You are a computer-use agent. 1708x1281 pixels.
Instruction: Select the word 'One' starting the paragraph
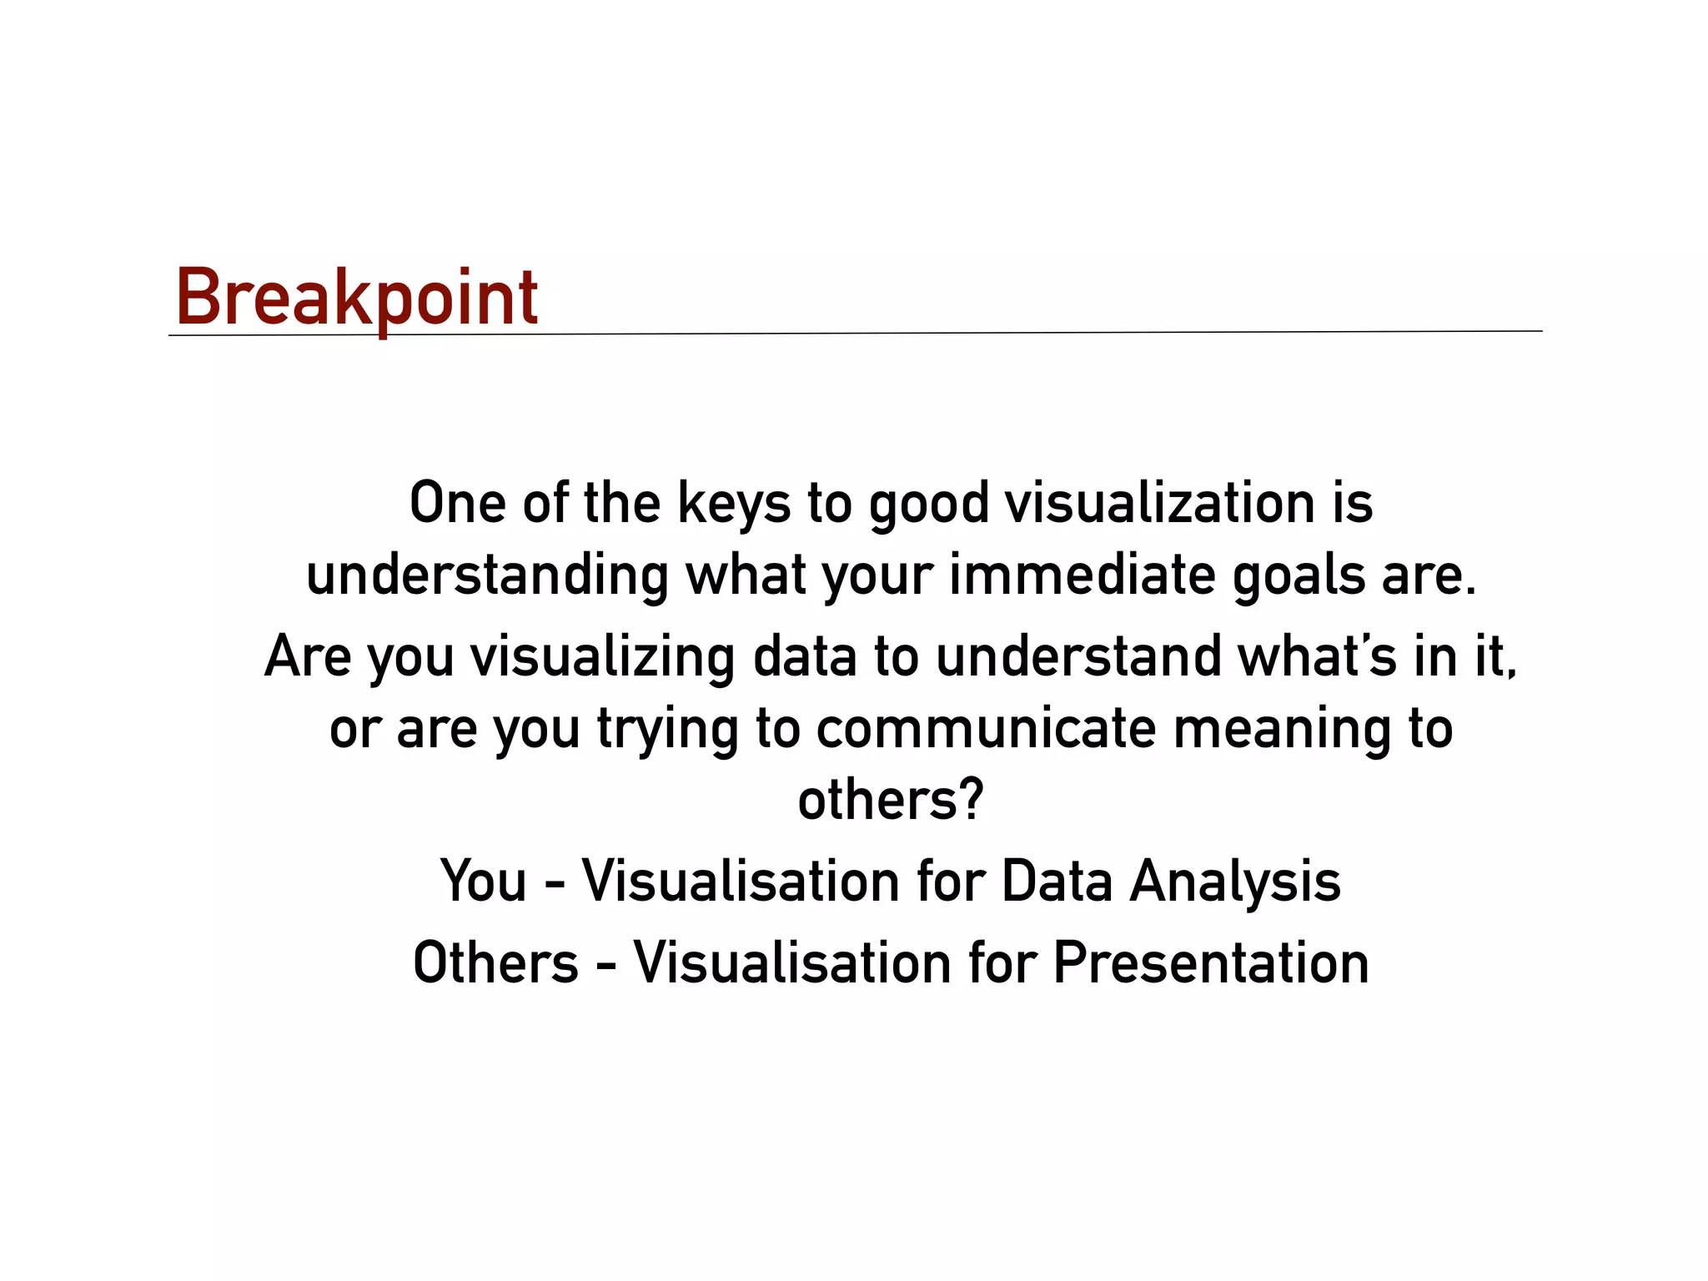point(457,503)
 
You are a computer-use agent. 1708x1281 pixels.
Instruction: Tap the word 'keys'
point(733,505)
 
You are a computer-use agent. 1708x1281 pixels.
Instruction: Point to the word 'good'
point(928,505)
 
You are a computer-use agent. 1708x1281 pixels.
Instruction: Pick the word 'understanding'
point(487,575)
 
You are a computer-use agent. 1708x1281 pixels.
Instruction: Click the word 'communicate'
point(986,728)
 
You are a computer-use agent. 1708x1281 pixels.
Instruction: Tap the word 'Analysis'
point(1235,882)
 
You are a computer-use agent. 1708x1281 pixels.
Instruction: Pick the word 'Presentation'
point(1211,962)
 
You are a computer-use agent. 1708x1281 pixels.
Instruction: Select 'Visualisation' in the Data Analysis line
point(741,880)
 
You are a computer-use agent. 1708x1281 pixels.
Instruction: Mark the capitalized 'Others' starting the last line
point(495,962)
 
